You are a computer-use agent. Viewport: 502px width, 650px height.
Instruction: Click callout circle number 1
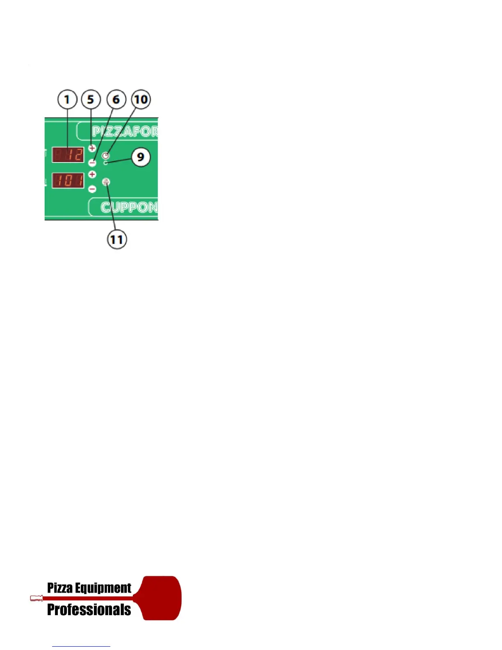[67, 100]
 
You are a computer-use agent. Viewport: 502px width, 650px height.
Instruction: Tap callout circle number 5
[91, 100]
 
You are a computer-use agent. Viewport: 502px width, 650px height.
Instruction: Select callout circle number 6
[116, 100]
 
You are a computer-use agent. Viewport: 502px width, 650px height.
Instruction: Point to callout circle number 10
[141, 100]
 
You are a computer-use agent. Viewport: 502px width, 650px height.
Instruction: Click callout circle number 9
[141, 157]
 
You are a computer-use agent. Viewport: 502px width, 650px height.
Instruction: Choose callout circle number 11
[117, 239]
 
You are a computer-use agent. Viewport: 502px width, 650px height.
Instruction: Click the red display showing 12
[68, 155]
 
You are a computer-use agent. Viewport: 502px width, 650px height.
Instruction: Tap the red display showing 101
[68, 180]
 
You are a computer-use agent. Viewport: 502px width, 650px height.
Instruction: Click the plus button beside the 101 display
[92, 174]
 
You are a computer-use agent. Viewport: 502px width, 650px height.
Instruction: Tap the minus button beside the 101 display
[92, 189]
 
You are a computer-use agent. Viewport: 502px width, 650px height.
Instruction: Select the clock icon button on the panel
[106, 156]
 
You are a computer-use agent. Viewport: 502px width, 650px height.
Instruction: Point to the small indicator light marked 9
[106, 163]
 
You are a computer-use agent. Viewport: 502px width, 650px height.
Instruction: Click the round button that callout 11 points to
[106, 181]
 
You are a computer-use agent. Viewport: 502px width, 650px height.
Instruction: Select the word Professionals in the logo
[89, 610]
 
